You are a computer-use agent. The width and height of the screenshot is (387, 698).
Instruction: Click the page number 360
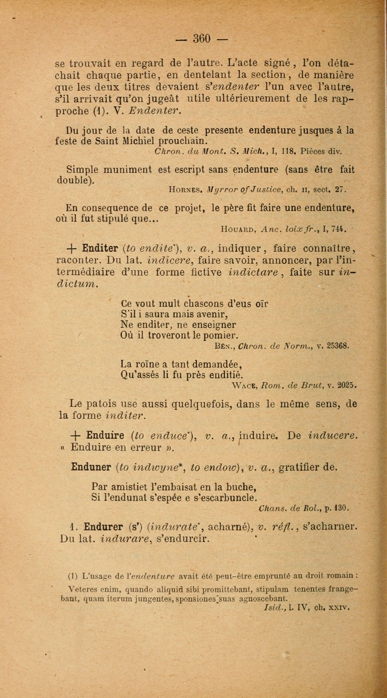click(x=201, y=39)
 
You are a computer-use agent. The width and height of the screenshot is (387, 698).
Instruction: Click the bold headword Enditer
click(x=100, y=248)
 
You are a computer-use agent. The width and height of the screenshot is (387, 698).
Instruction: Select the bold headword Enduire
click(x=105, y=435)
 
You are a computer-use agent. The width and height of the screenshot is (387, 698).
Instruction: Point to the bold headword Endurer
click(x=104, y=526)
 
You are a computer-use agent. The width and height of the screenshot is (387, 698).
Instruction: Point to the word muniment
click(x=128, y=170)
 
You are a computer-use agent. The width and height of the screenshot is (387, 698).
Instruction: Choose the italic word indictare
click(x=254, y=272)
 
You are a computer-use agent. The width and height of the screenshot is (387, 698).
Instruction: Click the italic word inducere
click(x=332, y=435)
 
